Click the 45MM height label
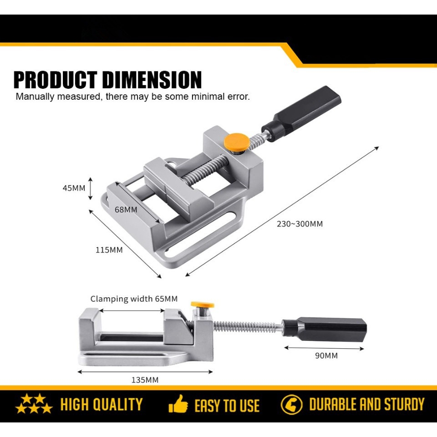point(74,188)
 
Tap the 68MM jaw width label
point(126,210)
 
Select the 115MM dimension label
point(109,250)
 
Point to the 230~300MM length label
point(300,224)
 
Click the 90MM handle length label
point(326,356)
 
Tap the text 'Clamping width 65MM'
point(134,299)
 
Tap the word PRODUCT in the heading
point(56,80)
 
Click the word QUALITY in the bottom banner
point(120,404)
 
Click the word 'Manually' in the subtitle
point(36,97)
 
